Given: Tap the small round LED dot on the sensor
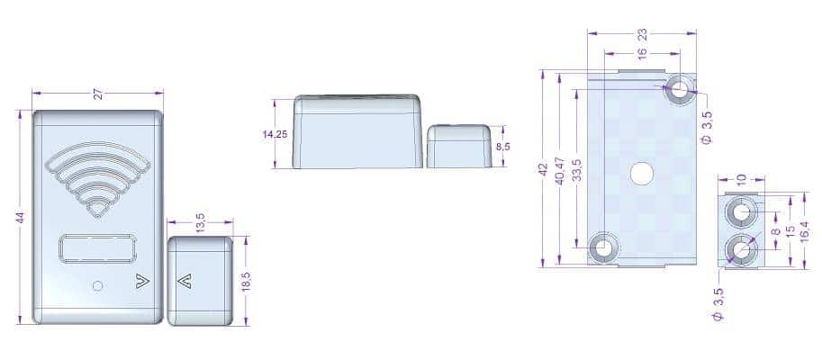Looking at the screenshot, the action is [x=97, y=285].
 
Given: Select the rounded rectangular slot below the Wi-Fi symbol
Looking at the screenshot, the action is [x=98, y=247].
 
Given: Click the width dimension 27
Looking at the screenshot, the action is [x=98, y=94].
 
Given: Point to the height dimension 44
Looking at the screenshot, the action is [x=21, y=218].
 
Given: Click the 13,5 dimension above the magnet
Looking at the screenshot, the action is [x=201, y=221].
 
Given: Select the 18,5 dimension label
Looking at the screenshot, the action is [x=247, y=282].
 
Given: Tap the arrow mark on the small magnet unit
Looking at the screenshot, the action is [x=185, y=282].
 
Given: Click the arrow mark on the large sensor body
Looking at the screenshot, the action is [x=142, y=282].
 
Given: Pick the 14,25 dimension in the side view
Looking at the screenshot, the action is [x=275, y=134].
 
